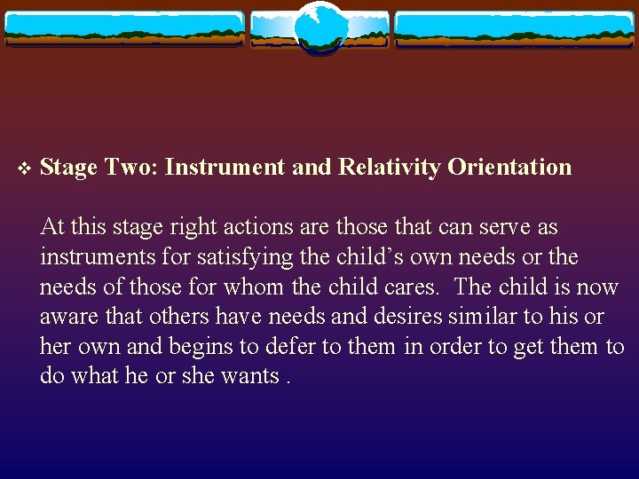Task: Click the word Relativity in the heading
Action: point(389,167)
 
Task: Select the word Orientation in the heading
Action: point(509,167)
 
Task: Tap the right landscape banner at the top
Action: point(515,28)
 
